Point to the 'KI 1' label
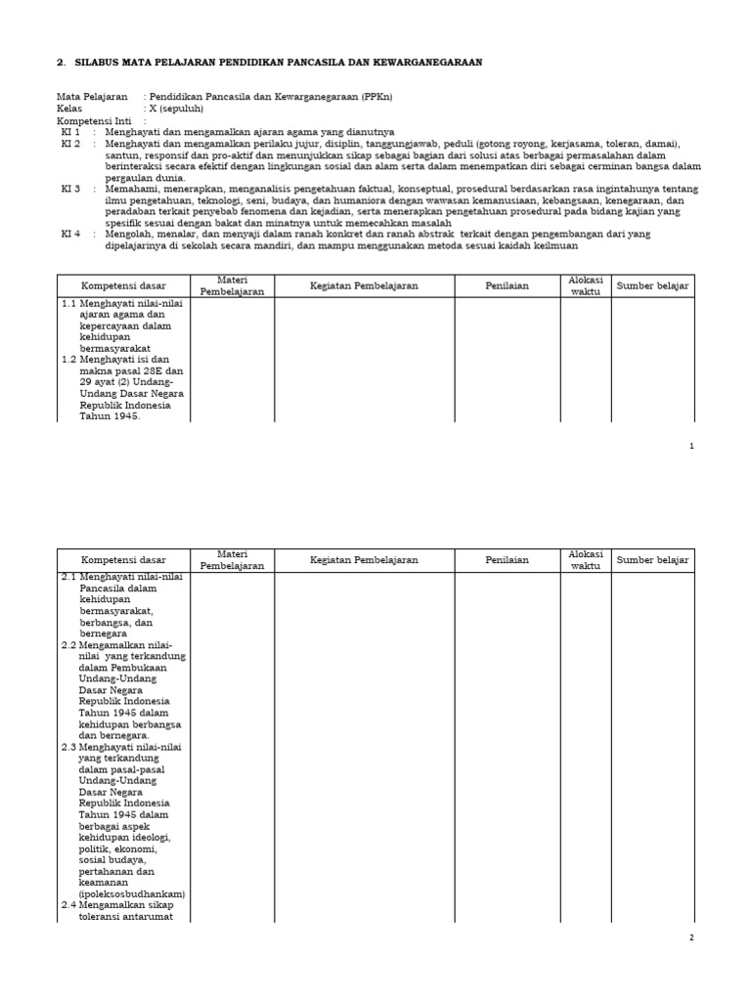pos(70,132)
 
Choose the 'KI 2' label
pos(70,144)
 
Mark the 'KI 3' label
pos(70,189)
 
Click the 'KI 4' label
pos(70,234)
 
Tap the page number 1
pos(691,446)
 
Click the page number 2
pos(691,937)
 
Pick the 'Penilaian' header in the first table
pos(507,285)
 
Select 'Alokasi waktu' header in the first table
pos(586,285)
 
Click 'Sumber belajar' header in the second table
pos(652,560)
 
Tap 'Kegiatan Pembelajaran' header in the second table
pos(364,560)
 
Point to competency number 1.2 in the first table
pos(68,360)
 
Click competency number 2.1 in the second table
pos(68,577)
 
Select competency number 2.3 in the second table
pos(68,747)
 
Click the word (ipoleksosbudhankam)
pos(131,894)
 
